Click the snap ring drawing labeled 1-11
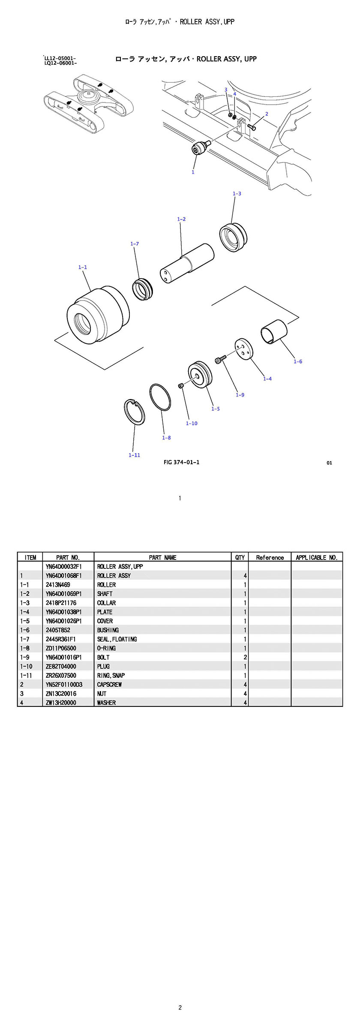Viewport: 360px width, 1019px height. pyautogui.click(x=134, y=412)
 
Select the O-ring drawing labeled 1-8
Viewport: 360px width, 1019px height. pyautogui.click(x=160, y=398)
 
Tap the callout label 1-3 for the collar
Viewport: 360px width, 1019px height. pyautogui.click(x=237, y=194)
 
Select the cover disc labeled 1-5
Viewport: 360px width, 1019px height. pyautogui.click(x=200, y=374)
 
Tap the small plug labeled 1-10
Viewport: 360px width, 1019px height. pyautogui.click(x=181, y=386)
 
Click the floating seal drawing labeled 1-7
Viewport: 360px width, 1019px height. pyautogui.click(x=142, y=289)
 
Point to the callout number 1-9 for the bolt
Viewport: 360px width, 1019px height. pyautogui.click(x=240, y=395)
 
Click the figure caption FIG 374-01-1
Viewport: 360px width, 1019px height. pyautogui.click(x=181, y=462)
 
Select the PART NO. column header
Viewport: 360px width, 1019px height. pyautogui.click(x=68, y=557)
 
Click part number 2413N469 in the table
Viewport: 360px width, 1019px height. pyautogui.click(x=58, y=585)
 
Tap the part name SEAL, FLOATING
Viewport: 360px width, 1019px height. pyautogui.click(x=117, y=639)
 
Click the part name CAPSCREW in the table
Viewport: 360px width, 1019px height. pyautogui.click(x=109, y=685)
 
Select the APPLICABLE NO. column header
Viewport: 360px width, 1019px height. pyautogui.click(x=316, y=557)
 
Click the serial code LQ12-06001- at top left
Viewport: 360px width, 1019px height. pyautogui.click(x=60, y=63)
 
